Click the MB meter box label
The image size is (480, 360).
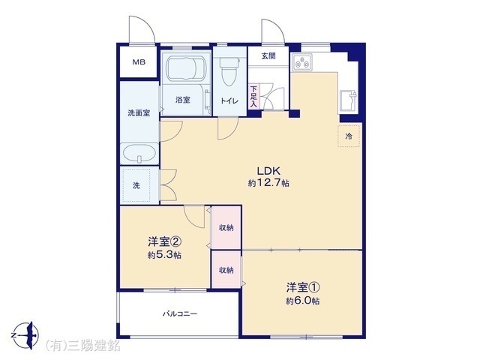139,62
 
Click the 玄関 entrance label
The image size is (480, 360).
268,55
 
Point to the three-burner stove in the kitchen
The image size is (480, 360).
301,62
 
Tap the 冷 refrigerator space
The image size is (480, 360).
349,136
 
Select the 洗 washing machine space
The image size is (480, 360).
136,185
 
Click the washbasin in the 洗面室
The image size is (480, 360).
139,153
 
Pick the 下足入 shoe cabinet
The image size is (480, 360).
253,96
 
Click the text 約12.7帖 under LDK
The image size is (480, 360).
268,183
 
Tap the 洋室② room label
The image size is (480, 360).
165,241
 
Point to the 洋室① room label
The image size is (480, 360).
303,287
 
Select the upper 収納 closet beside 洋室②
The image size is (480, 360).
226,228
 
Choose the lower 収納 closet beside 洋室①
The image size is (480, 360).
226,270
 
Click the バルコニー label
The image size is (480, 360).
180,313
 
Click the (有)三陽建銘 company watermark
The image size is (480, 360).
82,346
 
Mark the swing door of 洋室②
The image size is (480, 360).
194,217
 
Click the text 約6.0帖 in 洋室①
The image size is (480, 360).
303,301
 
